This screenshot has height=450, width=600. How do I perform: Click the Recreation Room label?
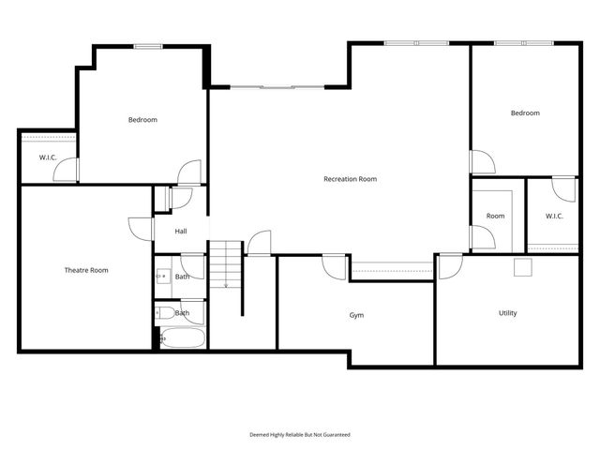tap(350, 179)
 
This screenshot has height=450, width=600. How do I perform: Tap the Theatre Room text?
tap(86, 270)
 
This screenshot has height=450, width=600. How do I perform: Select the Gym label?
tap(356, 316)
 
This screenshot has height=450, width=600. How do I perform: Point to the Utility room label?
tap(507, 313)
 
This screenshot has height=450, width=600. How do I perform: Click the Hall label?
tap(181, 232)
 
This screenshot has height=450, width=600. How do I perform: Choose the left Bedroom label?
tap(142, 120)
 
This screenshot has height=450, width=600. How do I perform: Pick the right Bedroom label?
tap(525, 113)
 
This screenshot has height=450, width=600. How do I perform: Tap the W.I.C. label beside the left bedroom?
tap(48, 157)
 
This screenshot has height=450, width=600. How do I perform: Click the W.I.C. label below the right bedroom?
tap(554, 217)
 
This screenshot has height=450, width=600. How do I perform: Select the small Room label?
tap(495, 217)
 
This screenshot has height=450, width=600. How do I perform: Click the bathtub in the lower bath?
tap(181, 338)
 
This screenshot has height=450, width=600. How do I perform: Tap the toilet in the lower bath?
tap(163, 314)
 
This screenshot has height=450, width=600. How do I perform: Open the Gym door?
tap(334, 265)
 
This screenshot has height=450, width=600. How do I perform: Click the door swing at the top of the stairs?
tap(259, 242)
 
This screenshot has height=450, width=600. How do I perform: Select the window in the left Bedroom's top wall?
tap(146, 46)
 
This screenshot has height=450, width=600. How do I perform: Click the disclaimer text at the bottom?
tap(299, 434)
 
